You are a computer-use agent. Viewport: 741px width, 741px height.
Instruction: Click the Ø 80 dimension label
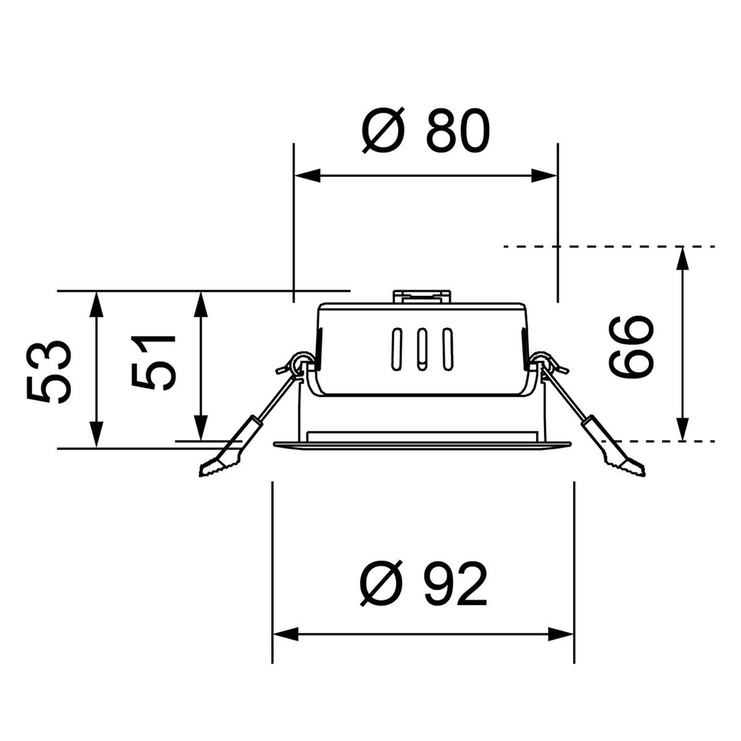(425, 132)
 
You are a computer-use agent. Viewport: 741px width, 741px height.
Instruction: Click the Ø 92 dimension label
(424, 585)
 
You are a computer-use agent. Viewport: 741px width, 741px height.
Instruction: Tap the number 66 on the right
(631, 346)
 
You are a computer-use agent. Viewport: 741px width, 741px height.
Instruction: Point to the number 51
(154, 362)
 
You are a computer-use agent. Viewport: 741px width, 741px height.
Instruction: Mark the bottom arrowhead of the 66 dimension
(682, 428)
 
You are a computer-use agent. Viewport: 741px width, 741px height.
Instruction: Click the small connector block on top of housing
(422, 296)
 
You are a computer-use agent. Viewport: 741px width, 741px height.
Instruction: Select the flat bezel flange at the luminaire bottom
(422, 445)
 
